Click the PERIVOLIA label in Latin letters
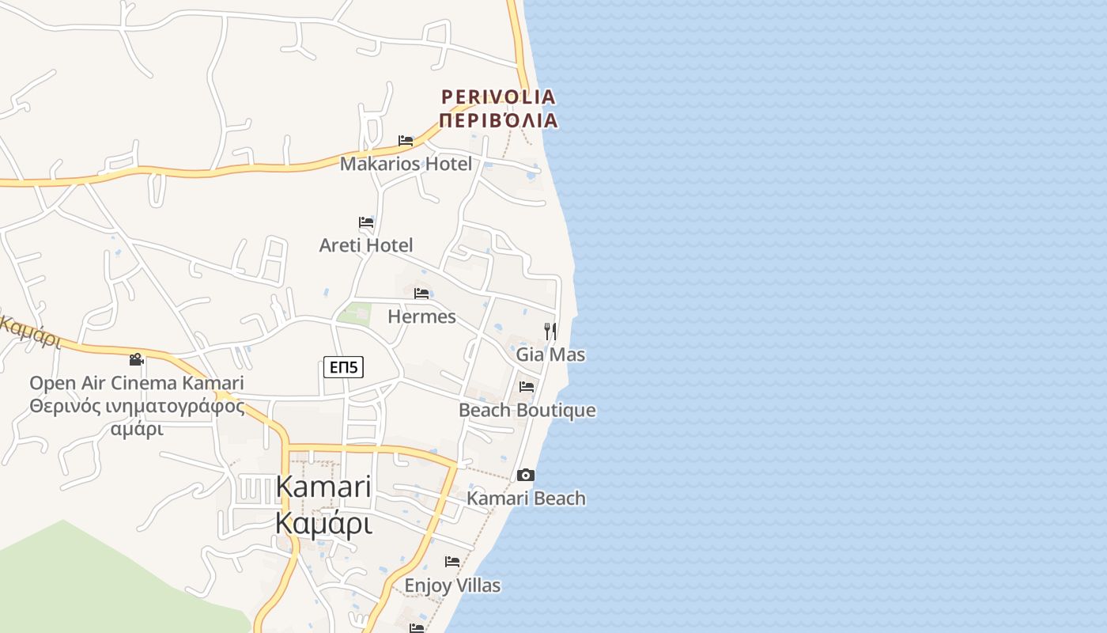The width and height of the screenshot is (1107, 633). [498, 97]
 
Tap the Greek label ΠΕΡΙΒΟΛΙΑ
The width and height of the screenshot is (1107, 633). [498, 121]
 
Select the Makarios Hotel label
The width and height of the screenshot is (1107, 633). [406, 164]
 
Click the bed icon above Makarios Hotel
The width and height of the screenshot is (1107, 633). [406, 141]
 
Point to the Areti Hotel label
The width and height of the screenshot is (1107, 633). [366, 245]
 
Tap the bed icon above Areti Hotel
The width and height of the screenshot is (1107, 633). [366, 222]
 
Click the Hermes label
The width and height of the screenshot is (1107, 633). [421, 316]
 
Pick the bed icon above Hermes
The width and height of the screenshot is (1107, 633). [421, 294]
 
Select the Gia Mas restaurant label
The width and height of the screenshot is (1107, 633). [550, 354]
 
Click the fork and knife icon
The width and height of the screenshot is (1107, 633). [550, 331]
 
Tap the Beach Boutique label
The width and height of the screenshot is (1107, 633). [527, 411]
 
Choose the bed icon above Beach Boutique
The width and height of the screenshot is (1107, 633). [527, 387]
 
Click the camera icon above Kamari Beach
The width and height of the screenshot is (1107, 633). [526, 475]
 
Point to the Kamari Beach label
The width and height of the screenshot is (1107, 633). [526, 498]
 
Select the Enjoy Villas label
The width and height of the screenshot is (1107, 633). [452, 586]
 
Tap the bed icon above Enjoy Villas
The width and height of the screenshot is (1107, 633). [452, 562]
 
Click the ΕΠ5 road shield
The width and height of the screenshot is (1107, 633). [343, 367]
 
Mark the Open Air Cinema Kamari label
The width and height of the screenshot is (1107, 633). [137, 383]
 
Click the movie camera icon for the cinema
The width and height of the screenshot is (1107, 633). [137, 359]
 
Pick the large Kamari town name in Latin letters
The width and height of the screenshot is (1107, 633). [323, 487]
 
